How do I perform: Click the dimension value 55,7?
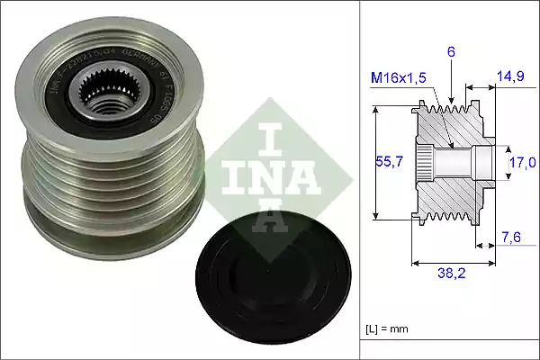(x=388, y=163)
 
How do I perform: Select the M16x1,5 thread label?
(x=397, y=78)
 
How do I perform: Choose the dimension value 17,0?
(x=523, y=162)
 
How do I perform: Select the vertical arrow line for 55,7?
(x=373, y=163)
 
